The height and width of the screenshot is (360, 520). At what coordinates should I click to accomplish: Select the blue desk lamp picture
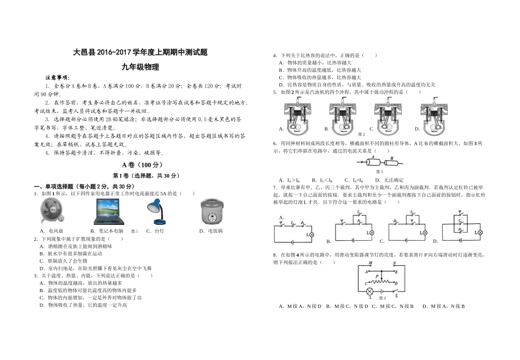pyautogui.click(x=157, y=212)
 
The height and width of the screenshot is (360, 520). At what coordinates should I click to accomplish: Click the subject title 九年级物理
pyautogui.click(x=141, y=67)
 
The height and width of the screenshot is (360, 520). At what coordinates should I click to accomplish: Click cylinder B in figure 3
pyautogui.click(x=393, y=162)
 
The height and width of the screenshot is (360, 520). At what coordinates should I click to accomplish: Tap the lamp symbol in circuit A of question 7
pyautogui.click(x=313, y=234)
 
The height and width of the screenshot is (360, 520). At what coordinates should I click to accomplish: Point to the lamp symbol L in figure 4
pyautogui.click(x=370, y=291)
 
